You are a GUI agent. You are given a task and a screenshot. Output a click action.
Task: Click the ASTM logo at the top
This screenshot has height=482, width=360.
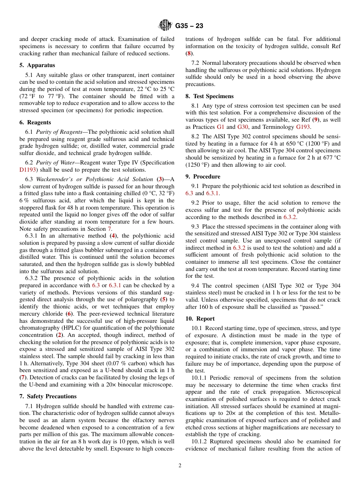[165, 26]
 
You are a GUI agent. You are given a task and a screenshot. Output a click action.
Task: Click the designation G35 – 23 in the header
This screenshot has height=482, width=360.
[189, 26]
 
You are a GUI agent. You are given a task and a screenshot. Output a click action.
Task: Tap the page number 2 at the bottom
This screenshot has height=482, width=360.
[180, 466]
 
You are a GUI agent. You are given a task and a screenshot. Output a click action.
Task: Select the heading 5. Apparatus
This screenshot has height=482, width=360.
[37, 65]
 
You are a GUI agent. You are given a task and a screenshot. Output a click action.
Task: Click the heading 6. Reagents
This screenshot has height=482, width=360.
[35, 122]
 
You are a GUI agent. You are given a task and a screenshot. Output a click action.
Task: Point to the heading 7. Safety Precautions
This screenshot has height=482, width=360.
[48, 396]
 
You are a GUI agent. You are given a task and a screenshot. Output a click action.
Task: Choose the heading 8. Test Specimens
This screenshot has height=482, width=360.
[210, 96]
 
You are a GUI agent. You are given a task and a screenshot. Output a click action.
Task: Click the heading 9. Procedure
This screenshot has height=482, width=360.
[203, 177]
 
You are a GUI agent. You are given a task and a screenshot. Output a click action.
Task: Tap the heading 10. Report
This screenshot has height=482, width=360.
[200, 319]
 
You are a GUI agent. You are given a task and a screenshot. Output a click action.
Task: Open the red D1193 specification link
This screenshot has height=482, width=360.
[30, 170]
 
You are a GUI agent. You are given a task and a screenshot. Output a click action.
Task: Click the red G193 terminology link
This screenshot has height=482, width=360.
[303, 127]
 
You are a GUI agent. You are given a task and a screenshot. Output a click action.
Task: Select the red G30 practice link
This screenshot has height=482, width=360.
[243, 127]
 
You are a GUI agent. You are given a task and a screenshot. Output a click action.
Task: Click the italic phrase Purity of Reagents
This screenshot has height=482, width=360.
[59, 132]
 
